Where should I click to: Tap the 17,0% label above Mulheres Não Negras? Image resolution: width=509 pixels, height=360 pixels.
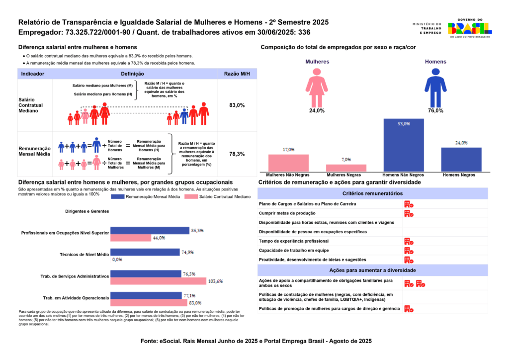click(288, 149)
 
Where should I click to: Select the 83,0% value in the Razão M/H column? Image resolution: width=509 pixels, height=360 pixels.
click(237, 105)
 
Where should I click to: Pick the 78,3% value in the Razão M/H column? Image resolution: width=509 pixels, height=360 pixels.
click(237, 154)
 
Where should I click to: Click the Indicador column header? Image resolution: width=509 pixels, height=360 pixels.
click(33, 74)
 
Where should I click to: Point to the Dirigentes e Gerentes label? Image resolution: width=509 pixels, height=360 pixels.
click(87, 211)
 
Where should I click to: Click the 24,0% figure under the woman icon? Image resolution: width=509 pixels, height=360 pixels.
click(317, 110)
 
